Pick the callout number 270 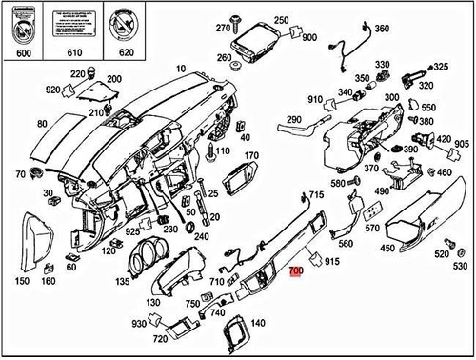[x=223, y=28]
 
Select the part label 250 [x=280, y=20]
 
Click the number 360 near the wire [x=381, y=30]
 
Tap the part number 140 [x=257, y=324]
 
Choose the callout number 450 [x=387, y=249]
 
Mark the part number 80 [x=42, y=124]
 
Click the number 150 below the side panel [x=22, y=282]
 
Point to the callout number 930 [x=139, y=325]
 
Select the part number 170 [x=251, y=155]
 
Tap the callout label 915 [x=332, y=261]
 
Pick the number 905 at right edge [x=461, y=143]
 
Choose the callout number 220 [x=77, y=72]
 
